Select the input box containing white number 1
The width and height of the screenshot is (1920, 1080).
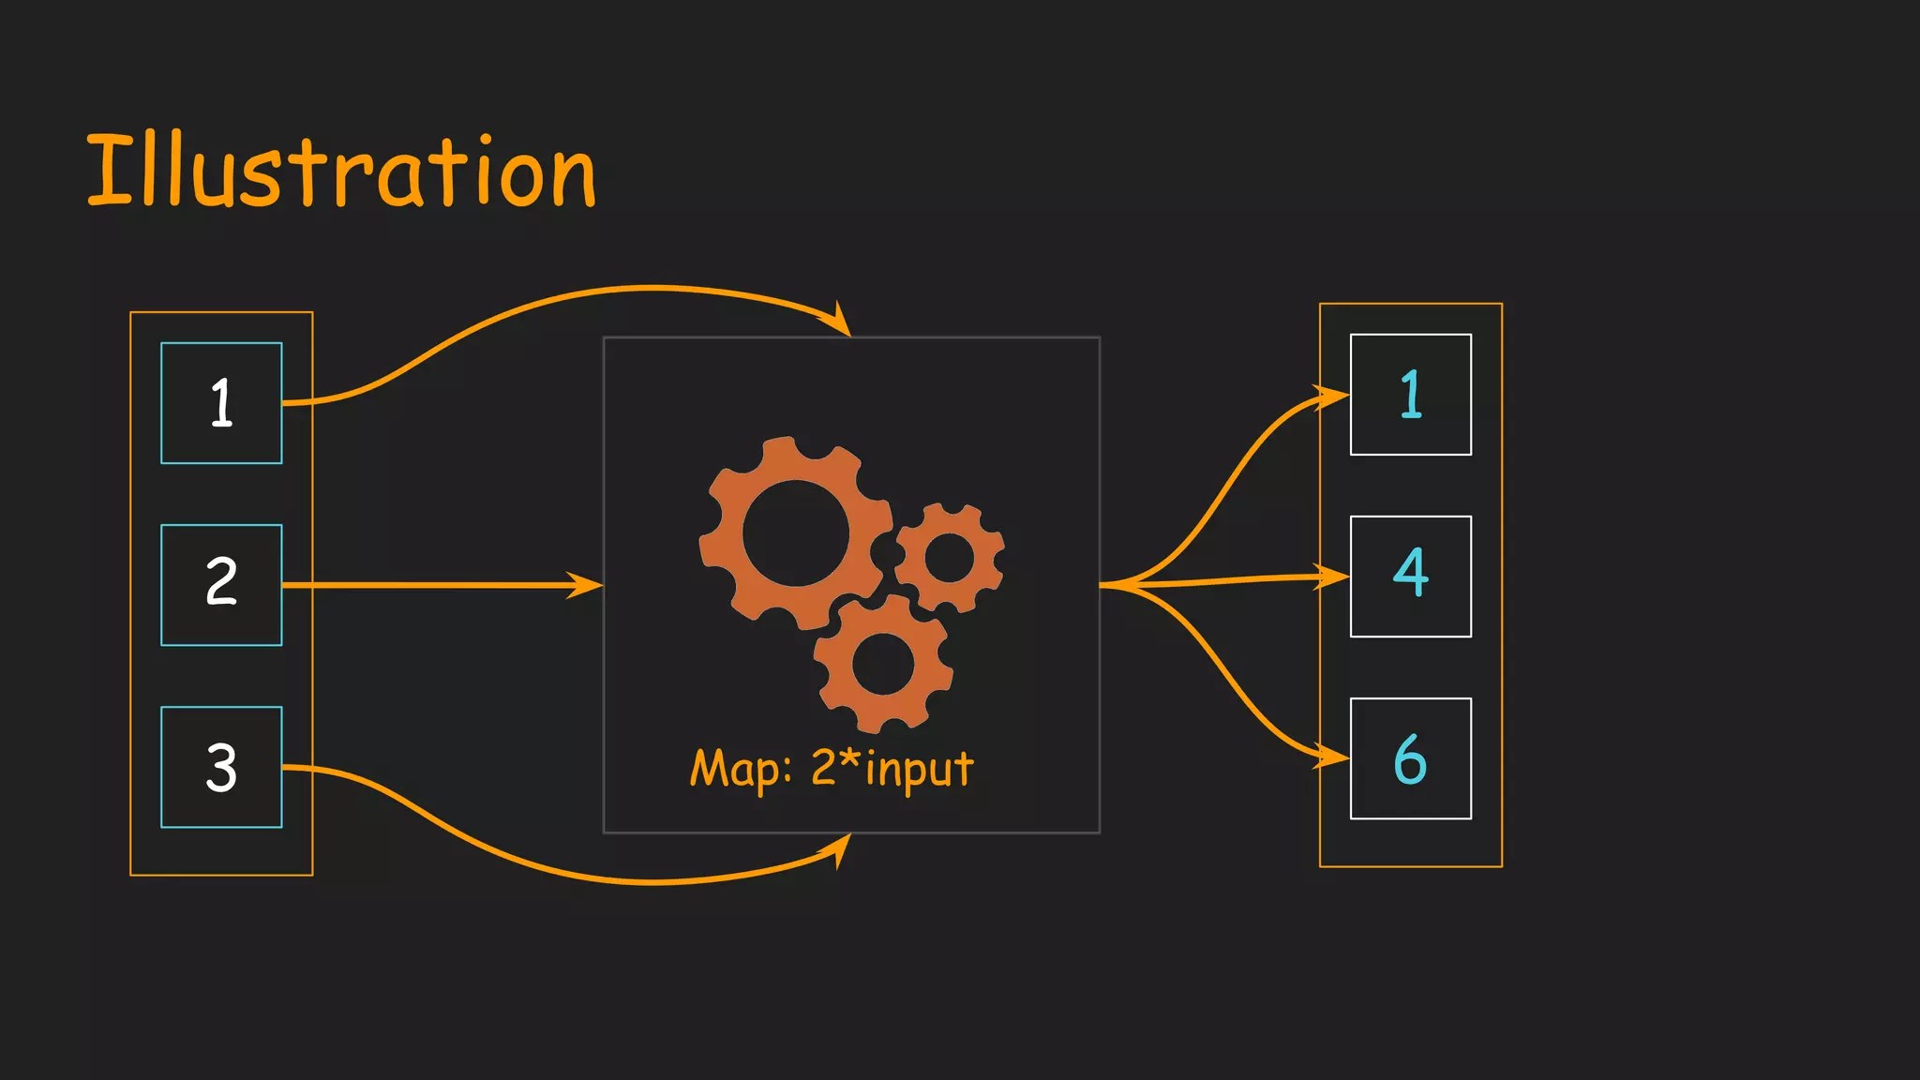coord(221,403)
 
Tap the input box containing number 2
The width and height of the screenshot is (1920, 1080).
coord(221,585)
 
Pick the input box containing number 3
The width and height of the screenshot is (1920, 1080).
coord(221,767)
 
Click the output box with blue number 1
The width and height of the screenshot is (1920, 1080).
coord(1410,395)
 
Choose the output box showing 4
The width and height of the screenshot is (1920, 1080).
coord(1410,577)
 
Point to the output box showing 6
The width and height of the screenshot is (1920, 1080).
coord(1410,758)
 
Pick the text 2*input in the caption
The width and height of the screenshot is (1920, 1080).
coord(892,768)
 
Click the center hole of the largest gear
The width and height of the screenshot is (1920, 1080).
coord(796,532)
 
